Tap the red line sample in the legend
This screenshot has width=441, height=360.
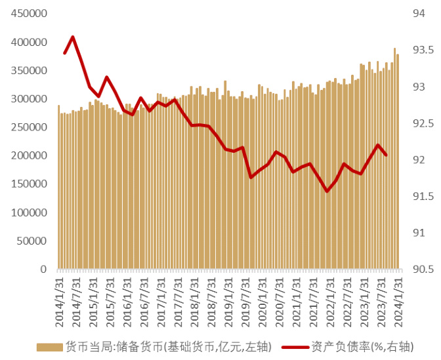295,347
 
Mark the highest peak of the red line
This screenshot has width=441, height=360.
72,37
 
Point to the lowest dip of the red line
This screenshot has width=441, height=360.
327,191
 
